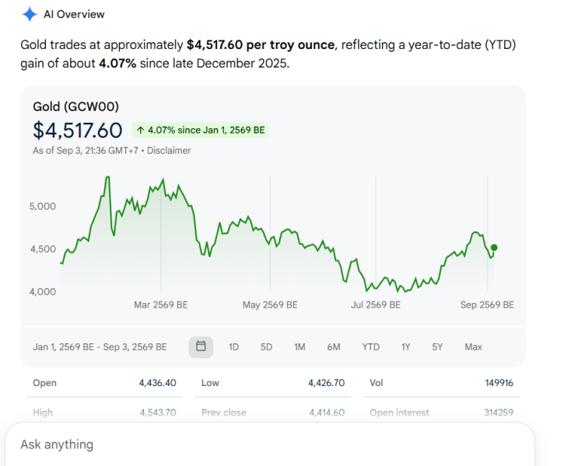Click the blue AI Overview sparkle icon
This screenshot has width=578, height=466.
30,14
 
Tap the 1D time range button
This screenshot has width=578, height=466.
233,347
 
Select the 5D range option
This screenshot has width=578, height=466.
266,347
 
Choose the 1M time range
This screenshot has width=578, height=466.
300,347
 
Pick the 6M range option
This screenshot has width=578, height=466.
334,347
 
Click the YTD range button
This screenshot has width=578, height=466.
370,347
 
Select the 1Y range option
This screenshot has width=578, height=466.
405,347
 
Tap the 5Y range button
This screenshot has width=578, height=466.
437,347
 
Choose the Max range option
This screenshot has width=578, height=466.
473,347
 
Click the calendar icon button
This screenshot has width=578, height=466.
201,346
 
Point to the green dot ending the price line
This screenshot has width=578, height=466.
494,248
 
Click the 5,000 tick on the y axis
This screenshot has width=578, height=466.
43,206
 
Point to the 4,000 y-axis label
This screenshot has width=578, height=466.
43,292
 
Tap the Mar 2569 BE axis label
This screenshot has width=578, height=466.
161,304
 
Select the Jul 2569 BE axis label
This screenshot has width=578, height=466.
375,304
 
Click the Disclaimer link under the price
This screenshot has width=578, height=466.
169,151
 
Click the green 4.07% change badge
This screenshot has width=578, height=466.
200,130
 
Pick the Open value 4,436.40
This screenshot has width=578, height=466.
157,383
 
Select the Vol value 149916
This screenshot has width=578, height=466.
499,383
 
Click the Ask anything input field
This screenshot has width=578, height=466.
270,444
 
